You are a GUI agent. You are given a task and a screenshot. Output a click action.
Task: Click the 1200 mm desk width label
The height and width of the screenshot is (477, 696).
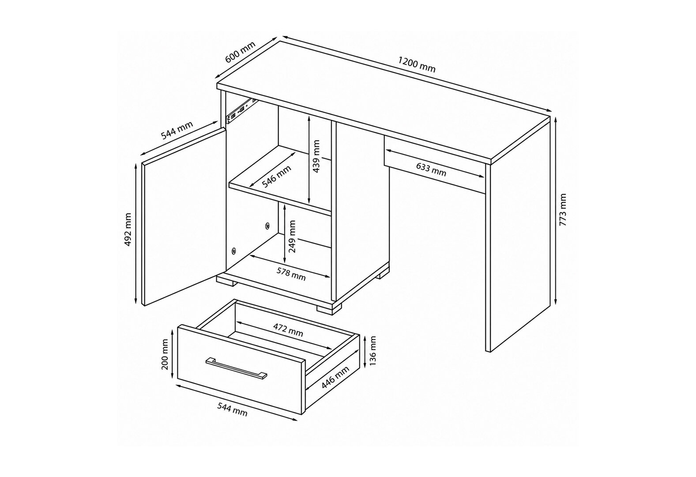tap(417, 64)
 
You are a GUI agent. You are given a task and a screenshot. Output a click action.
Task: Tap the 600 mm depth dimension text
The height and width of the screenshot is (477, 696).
tap(240, 52)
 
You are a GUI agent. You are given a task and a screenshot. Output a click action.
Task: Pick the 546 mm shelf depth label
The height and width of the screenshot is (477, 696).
tap(276, 177)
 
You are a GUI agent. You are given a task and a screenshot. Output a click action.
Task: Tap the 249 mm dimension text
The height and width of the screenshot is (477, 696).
tap(292, 236)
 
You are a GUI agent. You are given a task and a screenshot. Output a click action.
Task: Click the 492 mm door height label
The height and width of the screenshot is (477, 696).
tap(128, 230)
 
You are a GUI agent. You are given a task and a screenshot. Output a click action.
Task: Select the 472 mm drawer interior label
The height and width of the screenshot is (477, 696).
tap(288, 330)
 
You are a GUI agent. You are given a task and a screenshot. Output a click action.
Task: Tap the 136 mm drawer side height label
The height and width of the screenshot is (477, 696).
tap(372, 351)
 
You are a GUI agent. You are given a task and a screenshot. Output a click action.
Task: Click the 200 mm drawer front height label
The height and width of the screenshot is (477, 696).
tap(165, 354)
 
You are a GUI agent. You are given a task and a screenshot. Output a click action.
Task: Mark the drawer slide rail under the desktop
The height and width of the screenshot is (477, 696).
tap(241, 109)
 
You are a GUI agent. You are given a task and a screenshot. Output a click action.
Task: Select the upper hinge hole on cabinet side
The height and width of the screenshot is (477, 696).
tap(267, 226)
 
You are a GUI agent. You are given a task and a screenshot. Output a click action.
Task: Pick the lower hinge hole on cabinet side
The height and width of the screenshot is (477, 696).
tap(233, 251)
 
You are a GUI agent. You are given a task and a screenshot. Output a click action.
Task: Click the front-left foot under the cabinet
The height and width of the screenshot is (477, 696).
tap(226, 281)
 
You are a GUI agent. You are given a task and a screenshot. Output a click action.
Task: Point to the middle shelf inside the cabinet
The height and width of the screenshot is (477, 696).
tap(280, 182)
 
